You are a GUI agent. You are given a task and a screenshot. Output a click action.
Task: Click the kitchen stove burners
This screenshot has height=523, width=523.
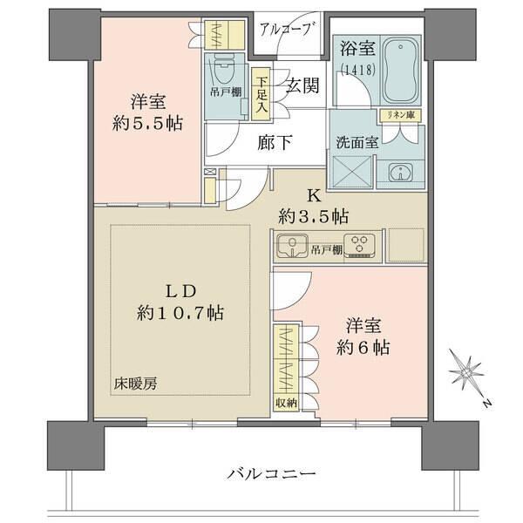[x=359, y=246]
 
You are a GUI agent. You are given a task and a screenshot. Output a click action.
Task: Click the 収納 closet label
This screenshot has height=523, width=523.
[x=286, y=402]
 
